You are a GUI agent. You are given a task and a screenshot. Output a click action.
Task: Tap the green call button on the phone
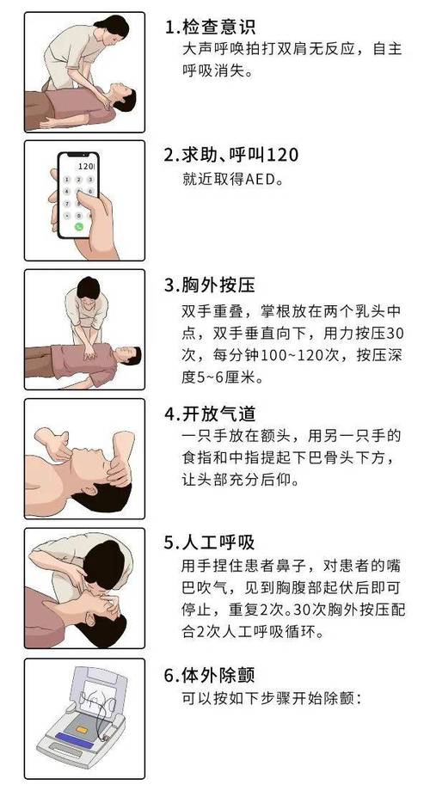coord(80,227)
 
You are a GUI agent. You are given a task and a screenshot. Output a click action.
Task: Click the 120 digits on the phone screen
coord(85,164)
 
